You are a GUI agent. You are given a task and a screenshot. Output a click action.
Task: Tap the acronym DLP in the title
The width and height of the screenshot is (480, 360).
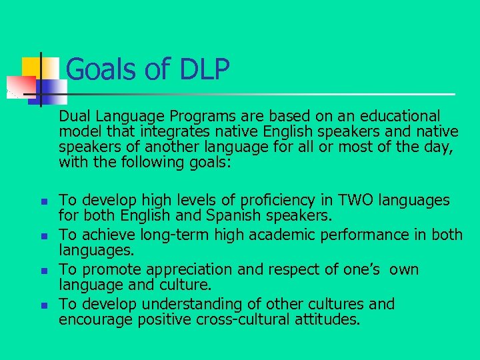pyautogui.click(x=204, y=69)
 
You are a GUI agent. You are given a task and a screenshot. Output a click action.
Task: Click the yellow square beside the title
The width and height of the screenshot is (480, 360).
pyautogui.click(x=31, y=67)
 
